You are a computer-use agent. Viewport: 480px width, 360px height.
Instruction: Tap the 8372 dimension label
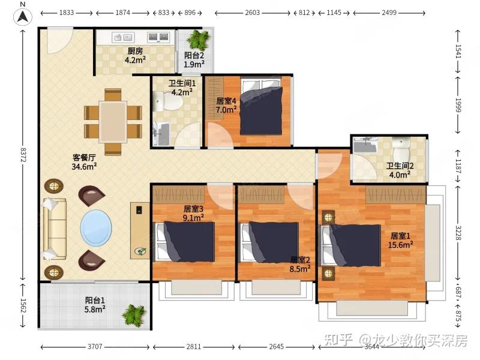tap(23, 155)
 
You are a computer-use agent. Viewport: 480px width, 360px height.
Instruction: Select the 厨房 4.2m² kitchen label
tap(135, 55)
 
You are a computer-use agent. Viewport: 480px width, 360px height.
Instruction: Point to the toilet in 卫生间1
tap(167, 101)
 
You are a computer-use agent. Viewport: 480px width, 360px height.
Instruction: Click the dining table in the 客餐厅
tap(113, 122)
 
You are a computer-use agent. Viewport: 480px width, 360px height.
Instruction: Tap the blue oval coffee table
tap(96, 227)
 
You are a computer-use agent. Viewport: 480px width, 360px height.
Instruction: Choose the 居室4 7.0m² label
tap(226, 105)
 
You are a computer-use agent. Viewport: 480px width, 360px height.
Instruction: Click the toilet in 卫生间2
tap(401, 151)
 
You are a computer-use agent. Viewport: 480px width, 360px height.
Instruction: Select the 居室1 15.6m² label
tap(400, 241)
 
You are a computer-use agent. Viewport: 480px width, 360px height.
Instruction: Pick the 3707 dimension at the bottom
tap(95, 347)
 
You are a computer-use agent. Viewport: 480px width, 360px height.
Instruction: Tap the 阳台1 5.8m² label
tap(95, 305)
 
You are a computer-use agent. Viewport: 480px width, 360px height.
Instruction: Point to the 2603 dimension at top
tap(252, 13)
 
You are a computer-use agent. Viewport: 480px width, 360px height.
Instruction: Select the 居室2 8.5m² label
tap(300, 265)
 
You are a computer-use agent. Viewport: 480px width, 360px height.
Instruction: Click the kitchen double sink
tap(158, 37)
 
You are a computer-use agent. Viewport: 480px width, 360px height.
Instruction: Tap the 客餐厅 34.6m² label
tap(84, 162)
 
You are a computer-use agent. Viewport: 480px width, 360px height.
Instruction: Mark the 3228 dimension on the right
tap(458, 233)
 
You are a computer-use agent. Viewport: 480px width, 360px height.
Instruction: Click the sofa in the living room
tap(54, 229)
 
